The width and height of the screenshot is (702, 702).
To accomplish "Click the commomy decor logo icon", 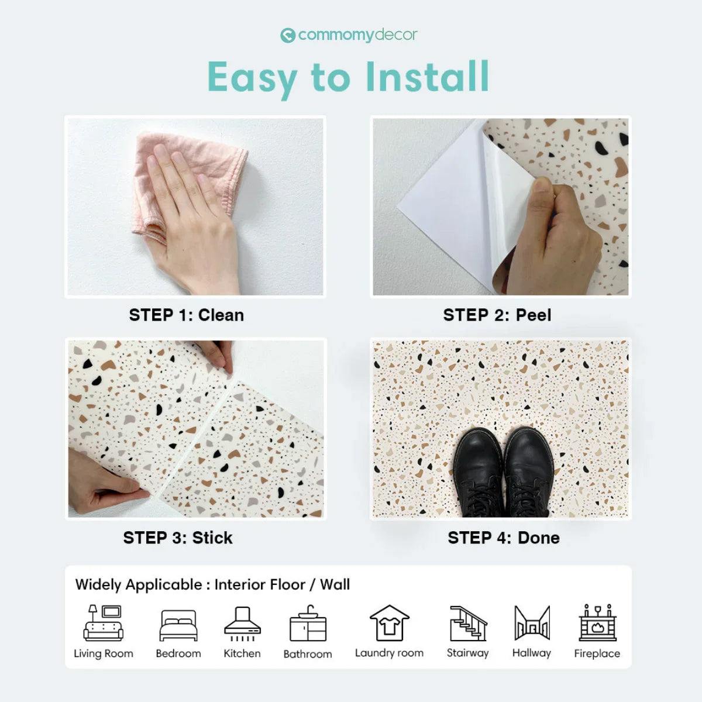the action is pyautogui.click(x=287, y=35).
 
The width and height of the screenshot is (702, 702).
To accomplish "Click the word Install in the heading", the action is pyautogui.click(x=427, y=77).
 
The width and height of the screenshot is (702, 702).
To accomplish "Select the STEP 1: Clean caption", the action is pyautogui.click(x=187, y=315).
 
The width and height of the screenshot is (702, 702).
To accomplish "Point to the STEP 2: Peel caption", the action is pyautogui.click(x=497, y=315).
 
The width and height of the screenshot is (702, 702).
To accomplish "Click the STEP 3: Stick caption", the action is pyautogui.click(x=178, y=538).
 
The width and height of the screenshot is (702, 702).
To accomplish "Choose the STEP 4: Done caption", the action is pyautogui.click(x=504, y=538).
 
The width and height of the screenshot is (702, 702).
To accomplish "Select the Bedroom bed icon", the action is pyautogui.click(x=178, y=625).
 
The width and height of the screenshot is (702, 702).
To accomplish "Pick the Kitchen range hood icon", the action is pyautogui.click(x=242, y=624).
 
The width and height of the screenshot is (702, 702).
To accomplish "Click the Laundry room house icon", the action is pyautogui.click(x=390, y=622).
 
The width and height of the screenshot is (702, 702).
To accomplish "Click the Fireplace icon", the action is pyautogui.click(x=597, y=622).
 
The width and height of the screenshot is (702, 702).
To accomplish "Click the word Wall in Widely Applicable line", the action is pyautogui.click(x=335, y=584).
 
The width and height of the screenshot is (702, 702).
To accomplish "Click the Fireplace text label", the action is pyautogui.click(x=597, y=653).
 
